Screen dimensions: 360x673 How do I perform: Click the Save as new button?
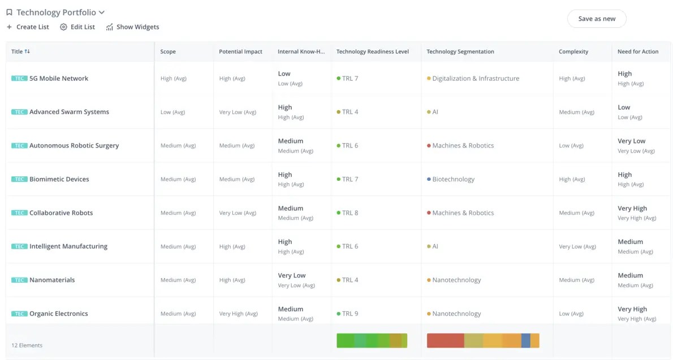[597, 19]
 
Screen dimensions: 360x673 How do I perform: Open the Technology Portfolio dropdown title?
[56, 12]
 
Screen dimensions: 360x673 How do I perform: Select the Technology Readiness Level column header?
[372, 51]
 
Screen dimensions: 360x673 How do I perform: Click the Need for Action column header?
[637, 51]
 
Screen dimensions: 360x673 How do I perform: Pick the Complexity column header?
[573, 51]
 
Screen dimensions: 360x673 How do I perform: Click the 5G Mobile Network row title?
[59, 79]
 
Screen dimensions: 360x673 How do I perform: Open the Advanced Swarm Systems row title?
[69, 112]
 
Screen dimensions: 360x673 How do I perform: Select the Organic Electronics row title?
[59, 314]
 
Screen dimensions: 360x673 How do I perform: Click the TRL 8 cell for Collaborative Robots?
[350, 213]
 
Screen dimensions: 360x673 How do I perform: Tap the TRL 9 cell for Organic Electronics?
[350, 314]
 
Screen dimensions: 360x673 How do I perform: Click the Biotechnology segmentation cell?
[453, 179]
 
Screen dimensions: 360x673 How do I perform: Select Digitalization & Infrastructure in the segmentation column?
[475, 79]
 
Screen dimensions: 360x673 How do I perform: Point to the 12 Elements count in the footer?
[27, 345]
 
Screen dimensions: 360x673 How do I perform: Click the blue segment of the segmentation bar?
[525, 340]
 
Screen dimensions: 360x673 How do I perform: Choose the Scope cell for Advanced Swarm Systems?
[172, 112]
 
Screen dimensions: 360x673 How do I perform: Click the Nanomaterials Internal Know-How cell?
[292, 280]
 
